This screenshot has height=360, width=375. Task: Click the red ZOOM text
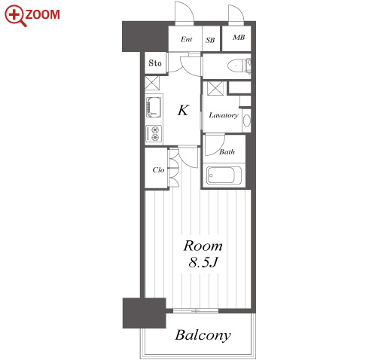pos(42,14)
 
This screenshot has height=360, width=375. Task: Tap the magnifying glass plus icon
pos(15,16)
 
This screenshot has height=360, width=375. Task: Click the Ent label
pos(186,39)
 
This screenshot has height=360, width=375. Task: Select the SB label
pos(210,40)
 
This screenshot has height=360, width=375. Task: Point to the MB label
pos(239,38)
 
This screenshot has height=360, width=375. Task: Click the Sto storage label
pos(155,63)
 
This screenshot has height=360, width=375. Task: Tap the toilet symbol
pos(239,66)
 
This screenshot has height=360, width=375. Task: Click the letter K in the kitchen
pos(183,110)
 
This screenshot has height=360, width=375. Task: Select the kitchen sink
pos(154,107)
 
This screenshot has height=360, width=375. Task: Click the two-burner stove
pos(154,133)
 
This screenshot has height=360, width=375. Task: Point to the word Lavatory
pos(224,115)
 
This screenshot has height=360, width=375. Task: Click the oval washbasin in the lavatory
pos(247,121)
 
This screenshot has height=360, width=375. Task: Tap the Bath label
pos(227,151)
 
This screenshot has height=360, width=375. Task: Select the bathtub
pos(224,175)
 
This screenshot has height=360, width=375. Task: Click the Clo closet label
pos(158,169)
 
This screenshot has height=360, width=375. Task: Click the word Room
pos(203,246)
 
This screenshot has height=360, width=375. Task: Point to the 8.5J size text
pos(203,263)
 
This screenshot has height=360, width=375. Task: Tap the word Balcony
pos(203,335)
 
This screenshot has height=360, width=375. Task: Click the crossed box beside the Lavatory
pos(215,88)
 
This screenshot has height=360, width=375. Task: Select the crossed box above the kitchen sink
pos(152,83)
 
